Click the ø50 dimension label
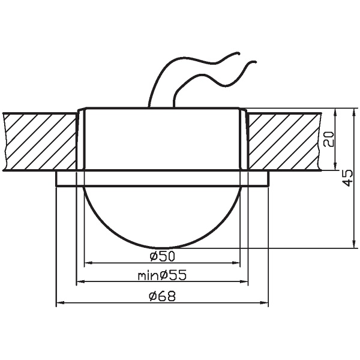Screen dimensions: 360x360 point(162,256)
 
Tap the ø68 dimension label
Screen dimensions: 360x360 point(162,296)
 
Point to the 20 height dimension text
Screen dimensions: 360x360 point(328,140)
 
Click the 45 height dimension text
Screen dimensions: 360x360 point(347,178)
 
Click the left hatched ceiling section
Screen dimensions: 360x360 point(40,141)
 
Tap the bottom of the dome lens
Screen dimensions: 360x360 point(162,247)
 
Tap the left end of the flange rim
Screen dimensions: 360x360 point(57,178)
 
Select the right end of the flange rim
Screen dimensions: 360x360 point(267,178)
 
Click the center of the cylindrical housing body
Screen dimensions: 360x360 point(162,139)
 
